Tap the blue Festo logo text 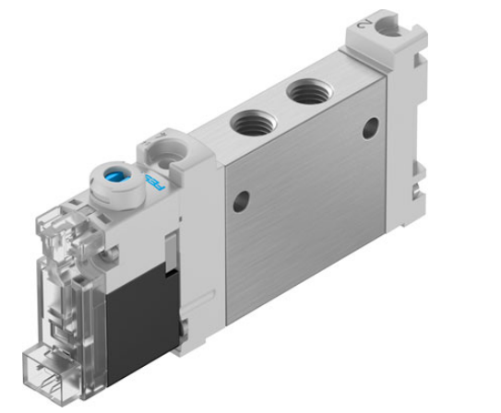coord(154,187)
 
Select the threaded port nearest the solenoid coord(250,120)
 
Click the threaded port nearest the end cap coord(304,91)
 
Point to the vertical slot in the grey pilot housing coord(171,254)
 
